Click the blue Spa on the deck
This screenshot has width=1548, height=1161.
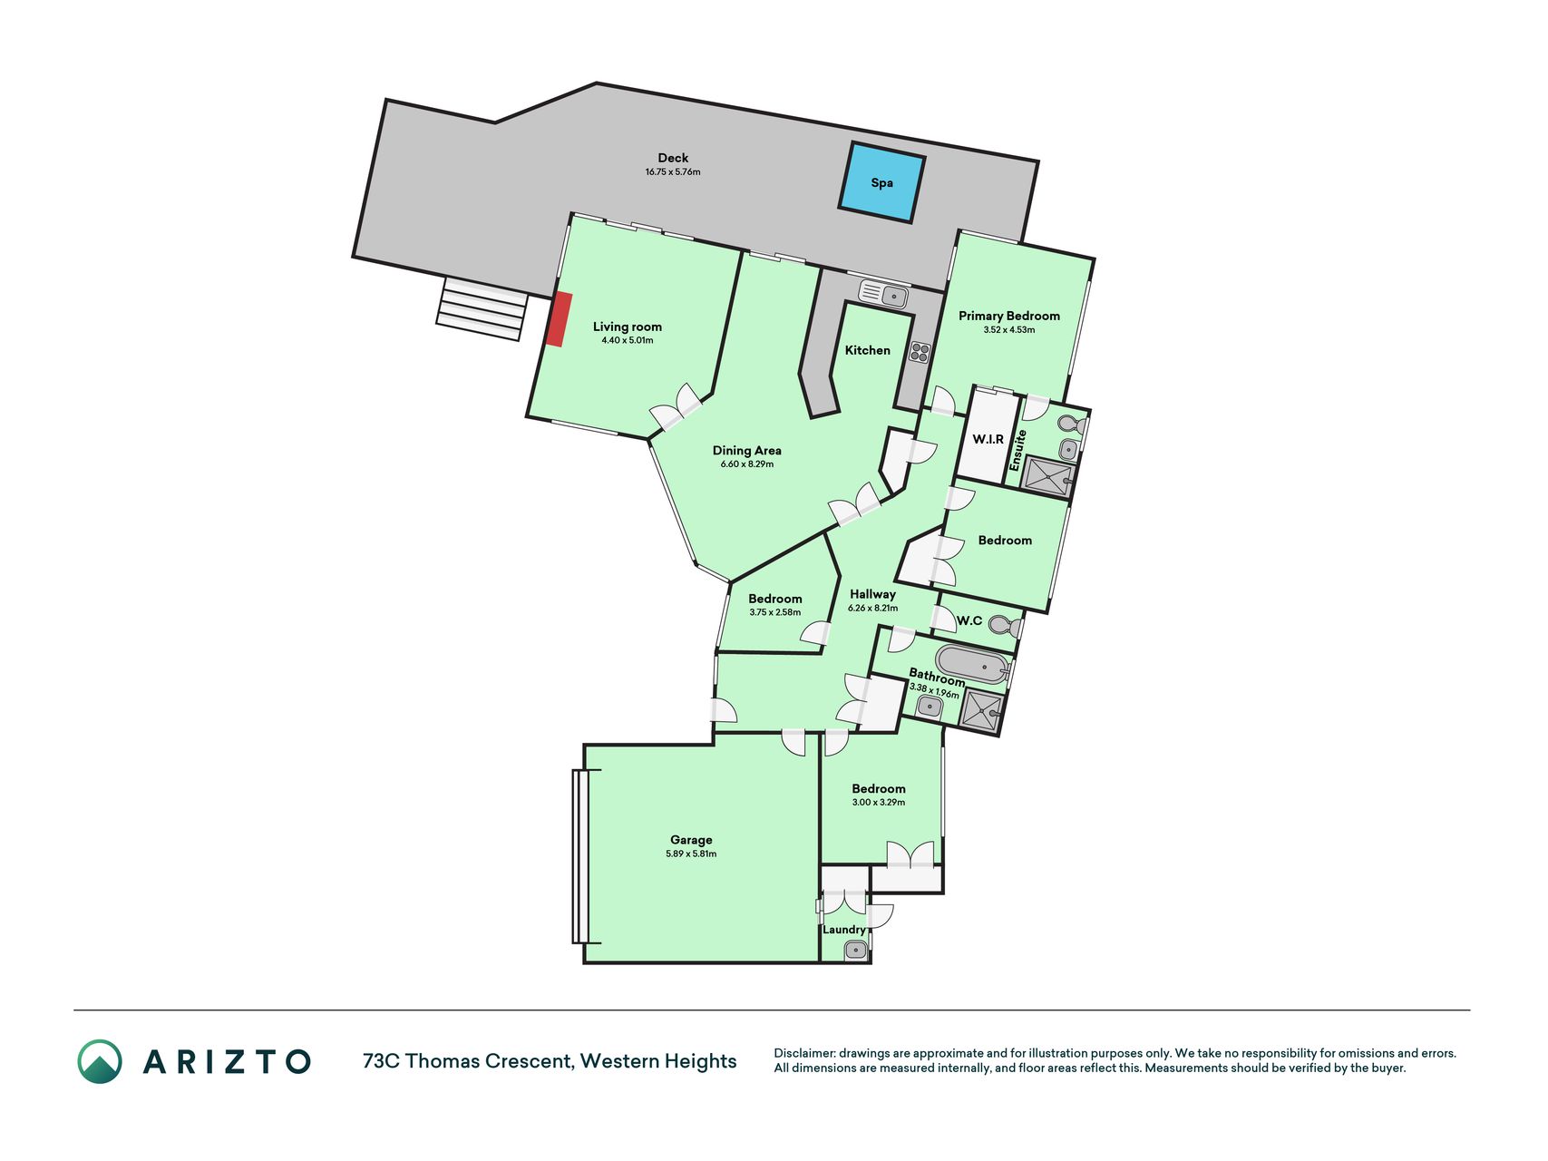[x=882, y=182]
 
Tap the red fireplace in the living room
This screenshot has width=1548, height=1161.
[x=559, y=319]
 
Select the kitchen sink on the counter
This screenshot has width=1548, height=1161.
[x=884, y=294]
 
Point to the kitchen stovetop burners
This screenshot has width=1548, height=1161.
[x=920, y=352]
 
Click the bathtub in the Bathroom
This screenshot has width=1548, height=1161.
[x=973, y=664]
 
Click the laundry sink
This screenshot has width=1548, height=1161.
[x=856, y=950]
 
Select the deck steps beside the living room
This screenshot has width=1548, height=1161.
[x=482, y=308]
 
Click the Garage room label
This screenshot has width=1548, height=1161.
[x=691, y=840]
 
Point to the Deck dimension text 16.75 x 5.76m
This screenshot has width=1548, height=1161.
[x=673, y=172]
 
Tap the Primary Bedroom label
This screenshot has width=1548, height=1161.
[x=1009, y=316]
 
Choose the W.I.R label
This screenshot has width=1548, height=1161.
[x=988, y=439]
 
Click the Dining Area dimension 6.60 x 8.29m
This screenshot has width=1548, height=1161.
[x=747, y=464]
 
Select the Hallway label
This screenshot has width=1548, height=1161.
[x=872, y=594]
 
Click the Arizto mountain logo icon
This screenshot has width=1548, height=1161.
[x=100, y=1061]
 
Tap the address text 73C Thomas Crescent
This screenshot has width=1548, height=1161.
[x=467, y=1061]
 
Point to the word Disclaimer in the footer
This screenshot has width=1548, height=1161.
[x=803, y=1053]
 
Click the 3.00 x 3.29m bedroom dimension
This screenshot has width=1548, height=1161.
[x=879, y=803]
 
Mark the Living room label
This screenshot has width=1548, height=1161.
[x=628, y=327]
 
